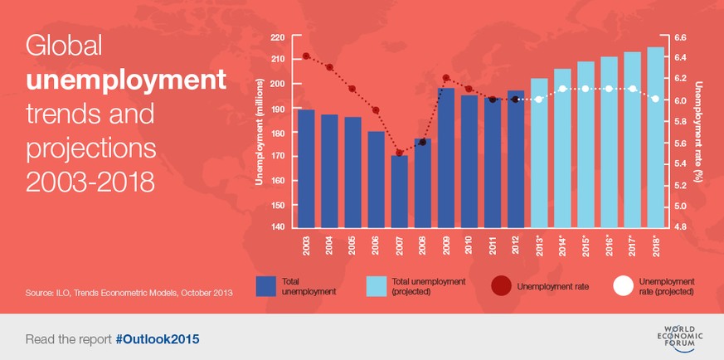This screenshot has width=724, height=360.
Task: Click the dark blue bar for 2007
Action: point(400,192)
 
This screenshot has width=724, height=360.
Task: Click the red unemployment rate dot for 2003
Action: point(306,56)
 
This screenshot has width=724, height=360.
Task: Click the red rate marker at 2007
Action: point(400,153)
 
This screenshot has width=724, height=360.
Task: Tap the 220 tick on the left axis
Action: point(277,38)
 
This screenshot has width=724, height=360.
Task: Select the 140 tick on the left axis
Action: point(277,227)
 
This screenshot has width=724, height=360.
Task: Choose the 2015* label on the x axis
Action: point(586,246)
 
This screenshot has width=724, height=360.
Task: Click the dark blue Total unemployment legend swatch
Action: point(266,286)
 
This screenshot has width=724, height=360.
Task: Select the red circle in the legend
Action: point(501,286)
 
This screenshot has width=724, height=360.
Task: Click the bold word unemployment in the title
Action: point(126,80)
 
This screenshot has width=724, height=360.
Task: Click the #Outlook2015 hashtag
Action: point(158,340)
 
